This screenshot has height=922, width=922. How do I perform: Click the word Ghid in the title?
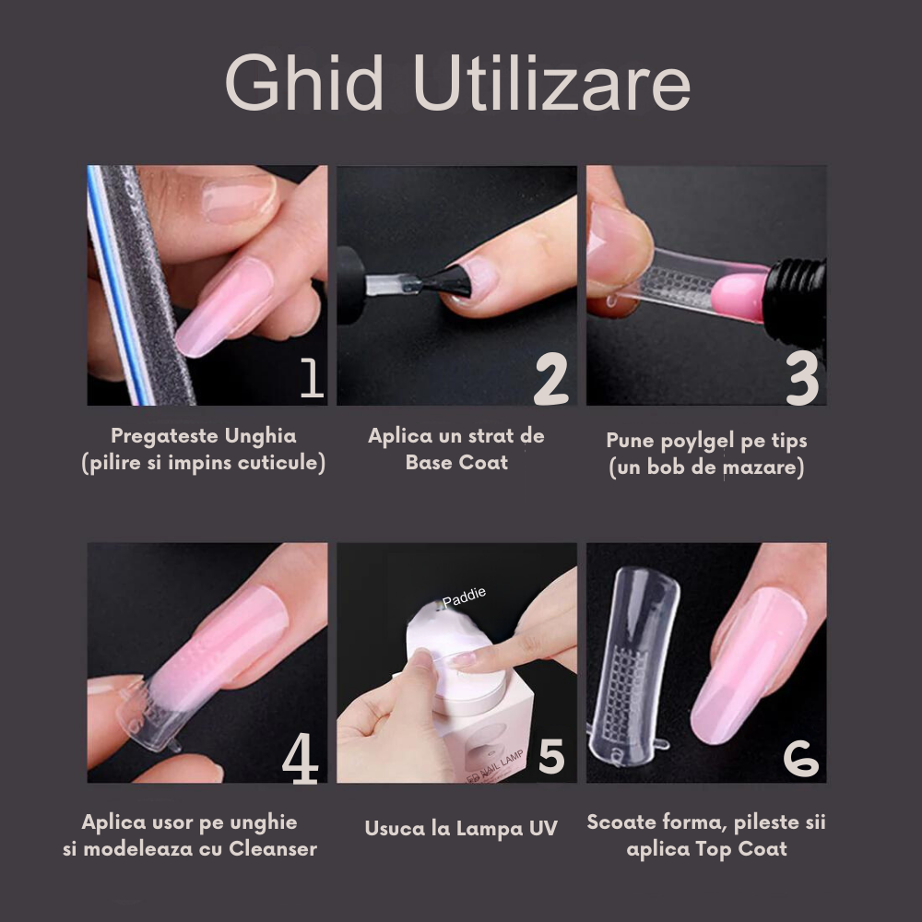tap(303, 85)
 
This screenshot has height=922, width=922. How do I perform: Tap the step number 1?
tap(312, 378)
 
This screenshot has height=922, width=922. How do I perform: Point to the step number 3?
tap(801, 378)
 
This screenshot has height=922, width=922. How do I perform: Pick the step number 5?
tap(550, 756)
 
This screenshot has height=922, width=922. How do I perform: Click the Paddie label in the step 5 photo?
tap(464, 600)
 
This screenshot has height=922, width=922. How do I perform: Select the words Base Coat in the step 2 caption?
tap(456, 462)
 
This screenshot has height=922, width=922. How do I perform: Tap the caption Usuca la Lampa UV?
tap(460, 828)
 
